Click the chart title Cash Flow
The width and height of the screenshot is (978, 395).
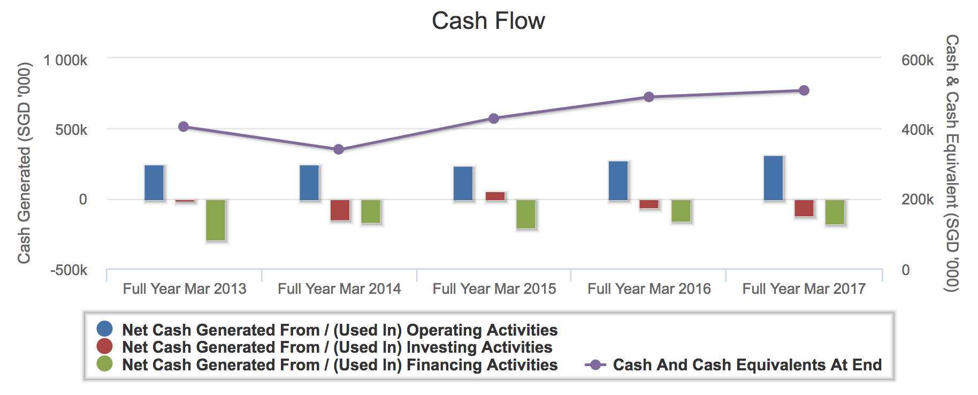[x=488, y=21]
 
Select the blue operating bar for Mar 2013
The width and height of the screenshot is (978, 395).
[x=154, y=183]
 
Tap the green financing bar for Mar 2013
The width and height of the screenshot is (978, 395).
[x=216, y=220]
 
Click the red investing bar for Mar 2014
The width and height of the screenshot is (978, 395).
[x=340, y=210]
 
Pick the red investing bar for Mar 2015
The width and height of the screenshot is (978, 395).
[x=495, y=196]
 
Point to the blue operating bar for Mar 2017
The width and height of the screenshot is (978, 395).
[x=773, y=178]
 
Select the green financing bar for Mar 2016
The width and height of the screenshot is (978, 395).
[x=681, y=210]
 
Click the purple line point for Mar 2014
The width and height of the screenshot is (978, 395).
[x=339, y=149]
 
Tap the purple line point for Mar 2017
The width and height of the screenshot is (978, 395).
[x=804, y=90]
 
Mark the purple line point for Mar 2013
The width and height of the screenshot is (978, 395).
[x=184, y=127]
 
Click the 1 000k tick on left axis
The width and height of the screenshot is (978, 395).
[x=65, y=60]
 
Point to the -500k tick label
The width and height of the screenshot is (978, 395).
[x=68, y=270]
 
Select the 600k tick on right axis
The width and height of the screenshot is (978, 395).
[x=917, y=60]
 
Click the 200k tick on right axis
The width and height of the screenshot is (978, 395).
[x=917, y=200]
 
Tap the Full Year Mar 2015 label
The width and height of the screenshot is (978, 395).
[x=494, y=289]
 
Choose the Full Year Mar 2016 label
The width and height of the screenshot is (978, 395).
[x=649, y=289]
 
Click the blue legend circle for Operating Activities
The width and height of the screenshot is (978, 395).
[x=104, y=329]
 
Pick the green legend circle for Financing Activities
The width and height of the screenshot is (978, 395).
[x=104, y=364]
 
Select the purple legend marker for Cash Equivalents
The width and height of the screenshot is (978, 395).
[x=595, y=365]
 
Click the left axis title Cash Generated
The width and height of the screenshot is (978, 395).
[x=24, y=163]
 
